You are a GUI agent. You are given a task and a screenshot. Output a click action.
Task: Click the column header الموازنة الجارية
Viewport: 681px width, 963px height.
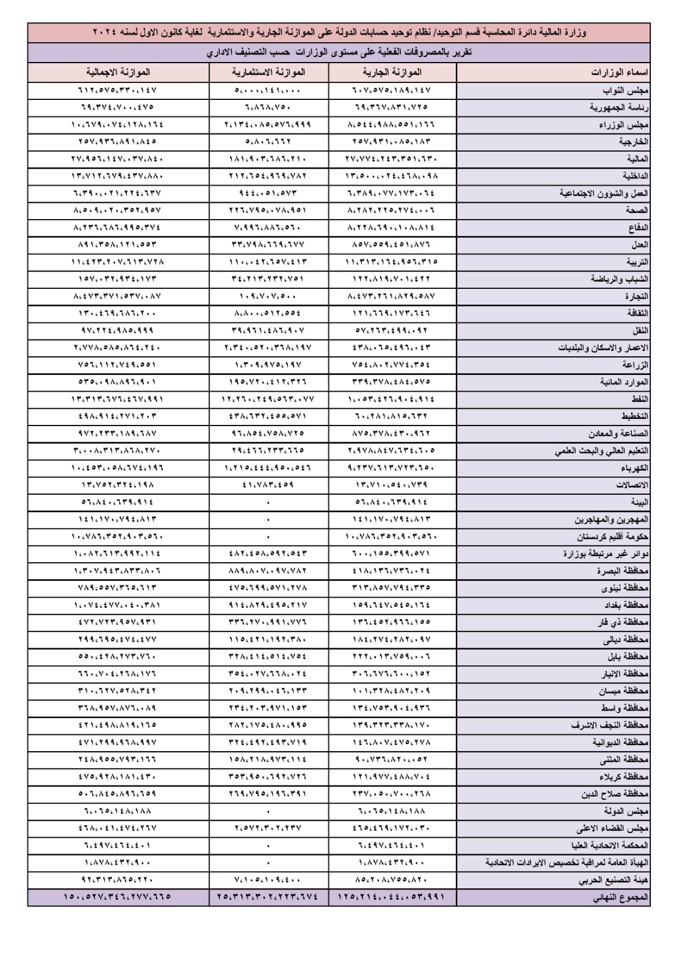pos(392,73)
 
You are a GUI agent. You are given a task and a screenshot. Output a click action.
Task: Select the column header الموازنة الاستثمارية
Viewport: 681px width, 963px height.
pos(269,73)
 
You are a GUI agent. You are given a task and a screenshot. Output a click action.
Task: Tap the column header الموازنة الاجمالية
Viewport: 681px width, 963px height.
pos(118,73)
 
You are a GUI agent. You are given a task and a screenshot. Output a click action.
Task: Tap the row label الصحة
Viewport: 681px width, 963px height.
pos(636,211)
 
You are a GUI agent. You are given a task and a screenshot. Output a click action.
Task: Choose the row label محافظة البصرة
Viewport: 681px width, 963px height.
pos(623,571)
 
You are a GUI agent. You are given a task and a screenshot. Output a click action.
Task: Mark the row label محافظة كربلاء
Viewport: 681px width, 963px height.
pos(623,776)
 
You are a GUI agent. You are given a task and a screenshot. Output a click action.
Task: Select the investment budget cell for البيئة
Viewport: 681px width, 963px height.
pos(268,502)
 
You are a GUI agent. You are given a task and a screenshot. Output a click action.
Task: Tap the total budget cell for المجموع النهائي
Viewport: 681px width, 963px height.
pos(117,897)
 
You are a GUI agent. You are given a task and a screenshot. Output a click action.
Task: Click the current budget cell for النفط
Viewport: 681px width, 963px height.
pos(392,399)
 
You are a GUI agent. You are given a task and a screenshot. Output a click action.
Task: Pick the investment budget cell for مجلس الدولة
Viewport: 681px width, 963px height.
pos(268,811)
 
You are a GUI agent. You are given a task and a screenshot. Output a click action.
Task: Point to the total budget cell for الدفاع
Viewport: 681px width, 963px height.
pos(117,228)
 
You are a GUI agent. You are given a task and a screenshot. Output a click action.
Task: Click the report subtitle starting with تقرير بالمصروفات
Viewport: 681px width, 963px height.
pos(339,52)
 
